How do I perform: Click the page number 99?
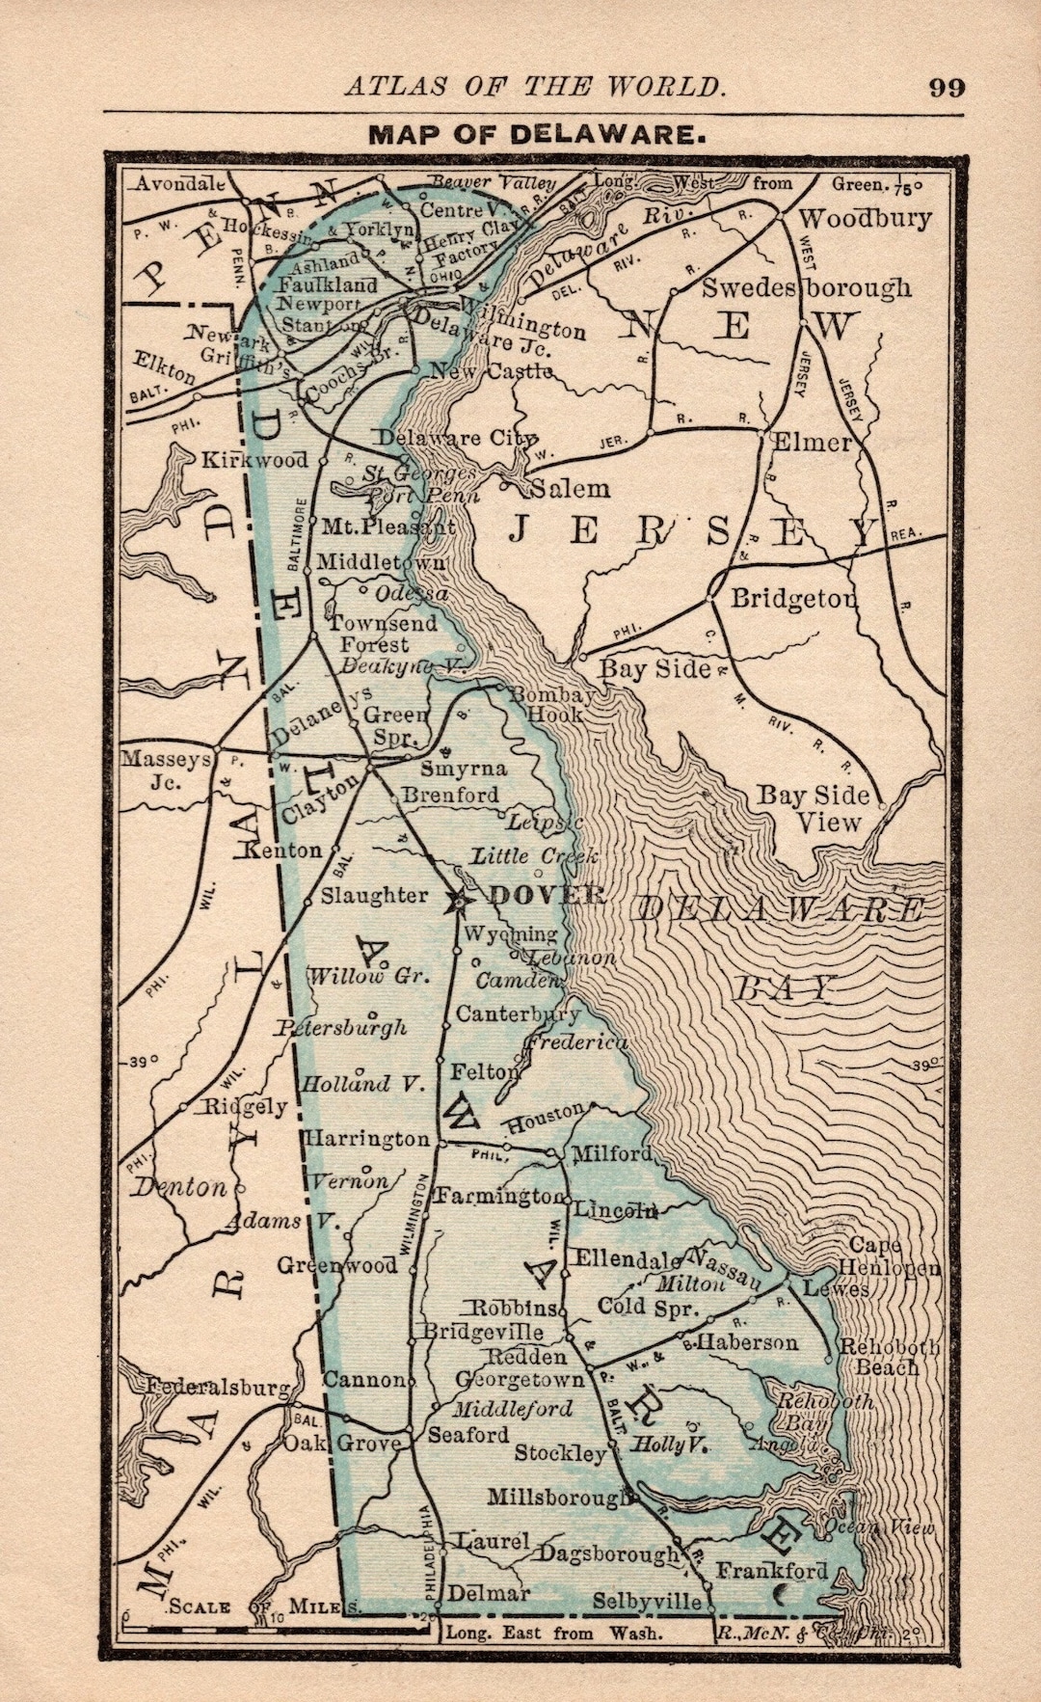tap(947, 87)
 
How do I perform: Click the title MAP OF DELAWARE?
tap(537, 134)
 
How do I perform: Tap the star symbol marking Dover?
tap(456, 901)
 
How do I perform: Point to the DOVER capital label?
tap(547, 895)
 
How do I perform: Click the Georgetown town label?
tap(520, 1379)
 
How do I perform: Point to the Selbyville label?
tap(647, 1602)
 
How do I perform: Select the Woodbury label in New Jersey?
tap(865, 218)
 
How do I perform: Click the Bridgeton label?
tap(793, 598)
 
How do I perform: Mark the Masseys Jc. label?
tap(166, 770)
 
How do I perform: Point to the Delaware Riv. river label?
tap(606, 243)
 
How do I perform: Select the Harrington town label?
tap(367, 1138)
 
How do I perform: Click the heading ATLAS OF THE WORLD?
tap(535, 87)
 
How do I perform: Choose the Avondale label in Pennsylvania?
tap(179, 183)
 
